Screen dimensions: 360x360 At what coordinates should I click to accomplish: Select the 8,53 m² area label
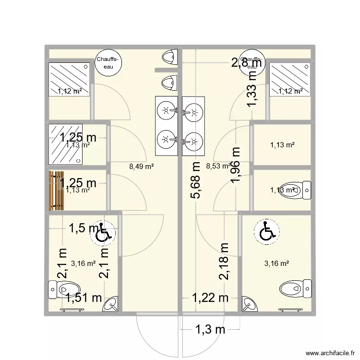coord(218,167)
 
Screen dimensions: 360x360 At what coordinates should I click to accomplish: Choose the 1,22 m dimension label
coord(211,298)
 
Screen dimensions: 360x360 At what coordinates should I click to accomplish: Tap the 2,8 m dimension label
coord(248,62)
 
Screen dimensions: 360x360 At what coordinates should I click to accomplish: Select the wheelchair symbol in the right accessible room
coord(266,231)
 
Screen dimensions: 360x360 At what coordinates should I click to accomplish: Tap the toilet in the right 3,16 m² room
coord(292,288)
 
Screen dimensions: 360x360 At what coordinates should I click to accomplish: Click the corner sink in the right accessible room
coord(249,303)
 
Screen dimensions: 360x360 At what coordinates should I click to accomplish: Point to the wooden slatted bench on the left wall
coord(56,191)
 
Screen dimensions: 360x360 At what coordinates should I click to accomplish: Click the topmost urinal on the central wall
coord(169,57)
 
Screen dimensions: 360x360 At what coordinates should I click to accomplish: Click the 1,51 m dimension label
coord(84,298)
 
